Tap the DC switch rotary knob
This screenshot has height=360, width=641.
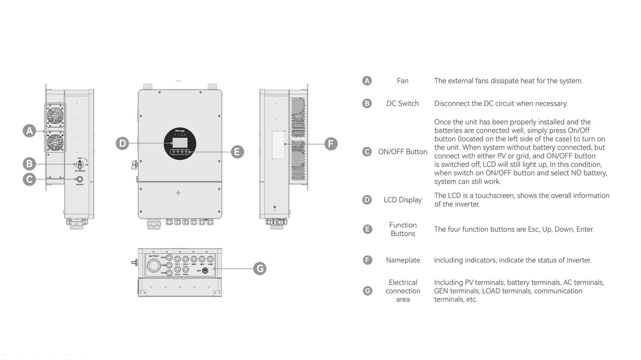80,164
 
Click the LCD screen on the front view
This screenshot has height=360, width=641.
179,142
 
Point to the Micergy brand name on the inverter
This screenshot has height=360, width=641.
180,131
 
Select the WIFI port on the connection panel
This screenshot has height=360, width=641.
205,270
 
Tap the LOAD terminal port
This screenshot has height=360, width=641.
210,259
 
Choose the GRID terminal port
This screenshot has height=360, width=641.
194,259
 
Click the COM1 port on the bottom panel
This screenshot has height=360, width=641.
169,257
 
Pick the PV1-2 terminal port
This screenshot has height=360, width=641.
177,270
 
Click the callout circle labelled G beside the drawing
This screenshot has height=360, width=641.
260,268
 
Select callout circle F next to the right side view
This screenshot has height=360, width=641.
331,144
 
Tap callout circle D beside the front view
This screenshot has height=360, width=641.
123,143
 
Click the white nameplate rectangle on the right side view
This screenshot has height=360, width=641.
278,144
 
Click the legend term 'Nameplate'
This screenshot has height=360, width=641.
403,260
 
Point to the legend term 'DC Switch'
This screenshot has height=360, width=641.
403,103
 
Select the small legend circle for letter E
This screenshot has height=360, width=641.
367,229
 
